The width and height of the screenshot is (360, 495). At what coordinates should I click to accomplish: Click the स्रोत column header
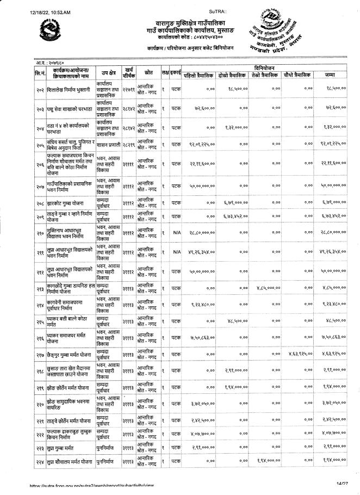coord(147,71)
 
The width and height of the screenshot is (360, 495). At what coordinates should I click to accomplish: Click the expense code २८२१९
coord(128,145)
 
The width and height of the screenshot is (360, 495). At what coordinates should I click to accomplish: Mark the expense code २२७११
coord(128,86)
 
